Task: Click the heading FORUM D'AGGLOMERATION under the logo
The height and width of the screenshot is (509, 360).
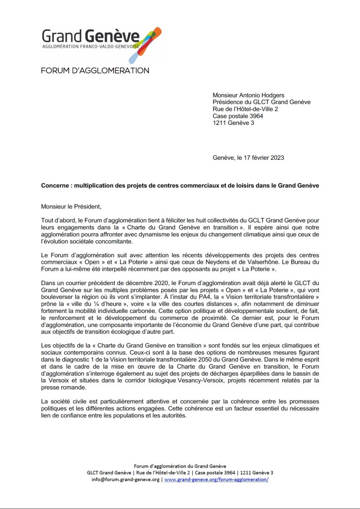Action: click(95, 71)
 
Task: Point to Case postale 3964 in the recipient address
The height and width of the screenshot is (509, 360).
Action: click(238, 116)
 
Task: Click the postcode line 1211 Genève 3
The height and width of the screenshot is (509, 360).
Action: click(233, 123)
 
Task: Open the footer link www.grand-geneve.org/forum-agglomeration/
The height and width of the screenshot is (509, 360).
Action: click(216, 479)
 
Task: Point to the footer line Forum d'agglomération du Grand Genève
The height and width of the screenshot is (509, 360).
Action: click(180, 465)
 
